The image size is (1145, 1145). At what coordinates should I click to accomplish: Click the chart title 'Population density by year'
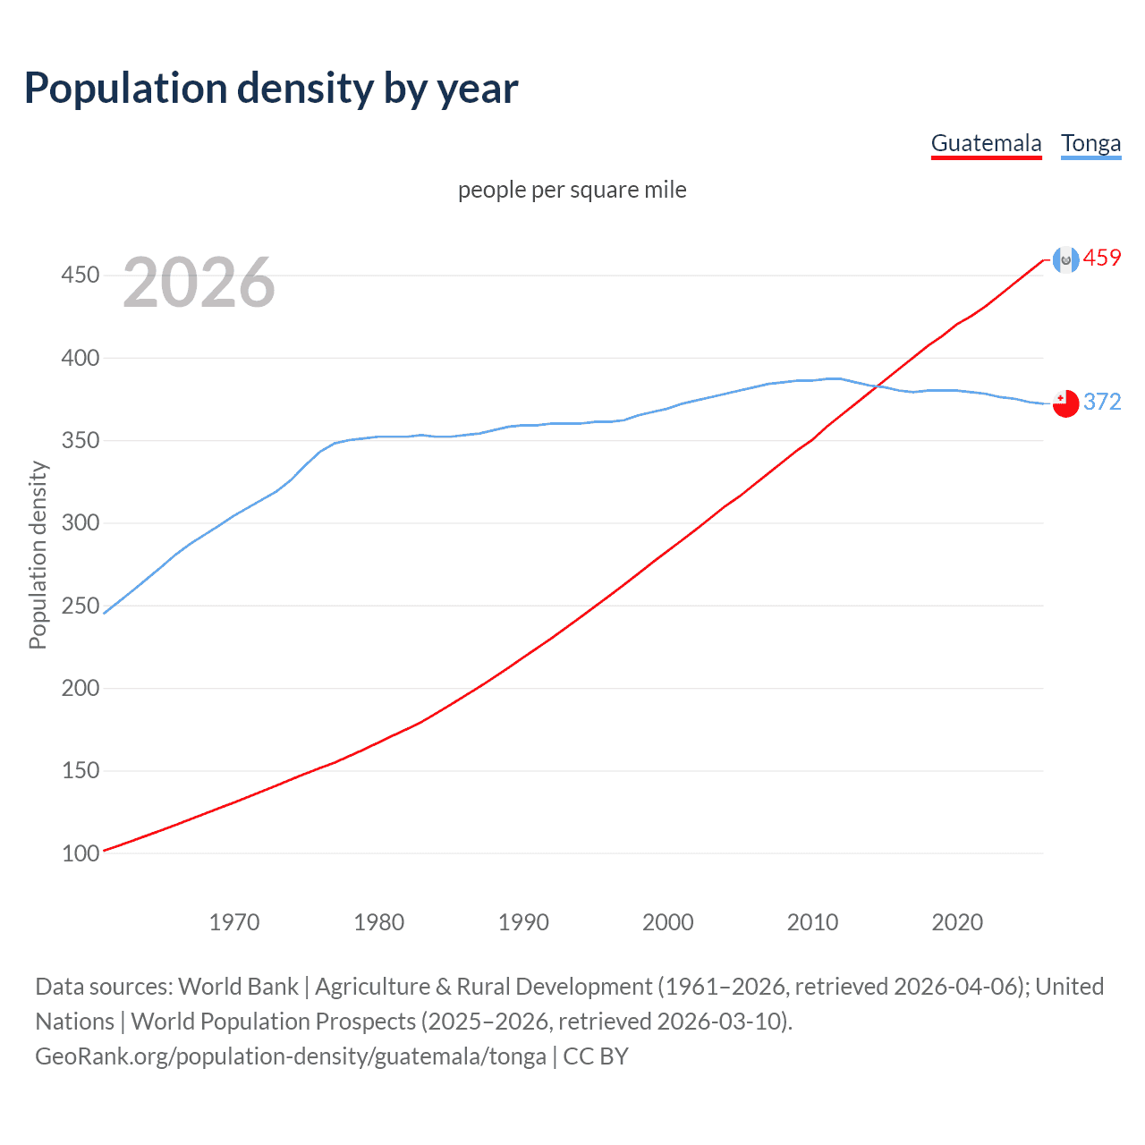coord(271,89)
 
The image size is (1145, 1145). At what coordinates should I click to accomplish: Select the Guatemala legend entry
coord(986,143)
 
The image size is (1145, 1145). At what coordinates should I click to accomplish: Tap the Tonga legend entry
coord(1090,143)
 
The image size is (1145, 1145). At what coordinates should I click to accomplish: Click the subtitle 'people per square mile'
coord(572,190)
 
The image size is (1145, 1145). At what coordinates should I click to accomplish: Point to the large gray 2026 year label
coord(199,283)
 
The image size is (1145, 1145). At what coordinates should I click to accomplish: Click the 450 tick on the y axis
coord(80,275)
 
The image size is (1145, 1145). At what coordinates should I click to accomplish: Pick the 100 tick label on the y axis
coord(80,853)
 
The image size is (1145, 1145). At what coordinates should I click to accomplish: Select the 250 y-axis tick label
coord(80,606)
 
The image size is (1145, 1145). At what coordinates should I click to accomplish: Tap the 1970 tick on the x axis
coord(234,921)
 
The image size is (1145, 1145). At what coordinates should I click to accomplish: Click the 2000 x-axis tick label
coord(667,921)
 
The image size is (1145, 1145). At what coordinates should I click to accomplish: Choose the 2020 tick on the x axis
coord(957,921)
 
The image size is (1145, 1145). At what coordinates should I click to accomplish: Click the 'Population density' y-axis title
coord(38,555)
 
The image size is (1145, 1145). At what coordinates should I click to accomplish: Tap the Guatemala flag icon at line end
coord(1065,259)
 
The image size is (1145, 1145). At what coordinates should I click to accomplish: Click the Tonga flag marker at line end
coord(1065,403)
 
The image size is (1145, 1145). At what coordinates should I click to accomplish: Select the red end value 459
coord(1102,259)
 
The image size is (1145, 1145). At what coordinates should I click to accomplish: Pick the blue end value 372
coord(1102,402)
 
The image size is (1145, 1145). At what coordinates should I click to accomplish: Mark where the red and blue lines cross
coord(879,385)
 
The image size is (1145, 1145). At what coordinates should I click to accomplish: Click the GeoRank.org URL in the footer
coord(291,1056)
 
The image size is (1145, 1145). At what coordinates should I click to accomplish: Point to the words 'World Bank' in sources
coord(238,987)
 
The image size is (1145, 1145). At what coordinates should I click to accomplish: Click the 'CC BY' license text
coord(596,1056)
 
